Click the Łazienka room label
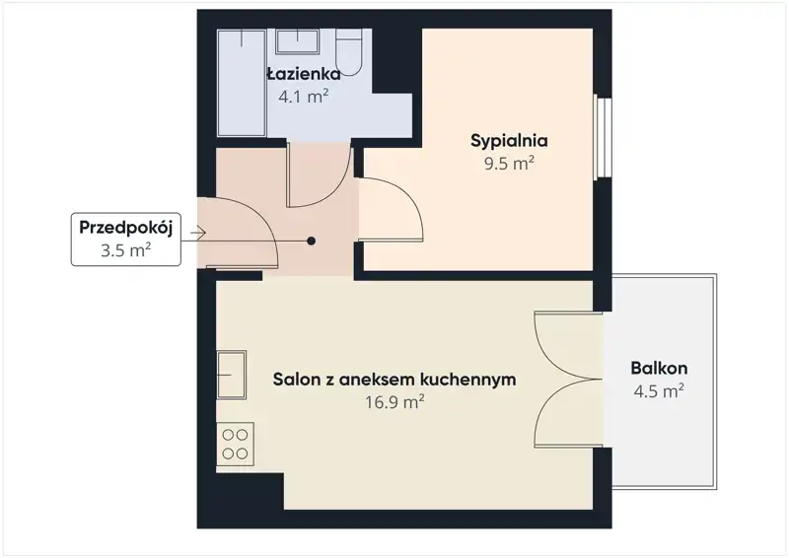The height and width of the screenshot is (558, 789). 304,75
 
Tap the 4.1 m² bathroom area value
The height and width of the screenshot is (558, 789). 304,96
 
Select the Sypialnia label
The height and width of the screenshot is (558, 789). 509,140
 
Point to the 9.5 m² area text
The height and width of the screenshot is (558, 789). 509,163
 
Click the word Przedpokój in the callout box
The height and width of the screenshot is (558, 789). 126,228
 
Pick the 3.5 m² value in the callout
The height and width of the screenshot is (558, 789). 126,250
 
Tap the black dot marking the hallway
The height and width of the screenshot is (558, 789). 312,241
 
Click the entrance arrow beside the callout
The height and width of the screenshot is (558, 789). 198,233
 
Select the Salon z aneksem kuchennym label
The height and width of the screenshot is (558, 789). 394,379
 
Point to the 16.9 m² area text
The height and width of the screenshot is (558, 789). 394,402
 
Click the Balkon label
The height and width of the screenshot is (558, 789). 659,369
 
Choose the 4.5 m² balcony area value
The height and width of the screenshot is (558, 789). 659,391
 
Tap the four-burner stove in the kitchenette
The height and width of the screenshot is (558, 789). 235,444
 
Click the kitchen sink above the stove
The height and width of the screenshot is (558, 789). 232,375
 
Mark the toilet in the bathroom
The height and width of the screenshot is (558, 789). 349,52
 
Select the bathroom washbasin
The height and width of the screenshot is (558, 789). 297,41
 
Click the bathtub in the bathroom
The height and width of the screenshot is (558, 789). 242,83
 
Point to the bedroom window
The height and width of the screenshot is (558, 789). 603,137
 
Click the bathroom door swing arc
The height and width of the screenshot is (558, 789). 338,191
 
